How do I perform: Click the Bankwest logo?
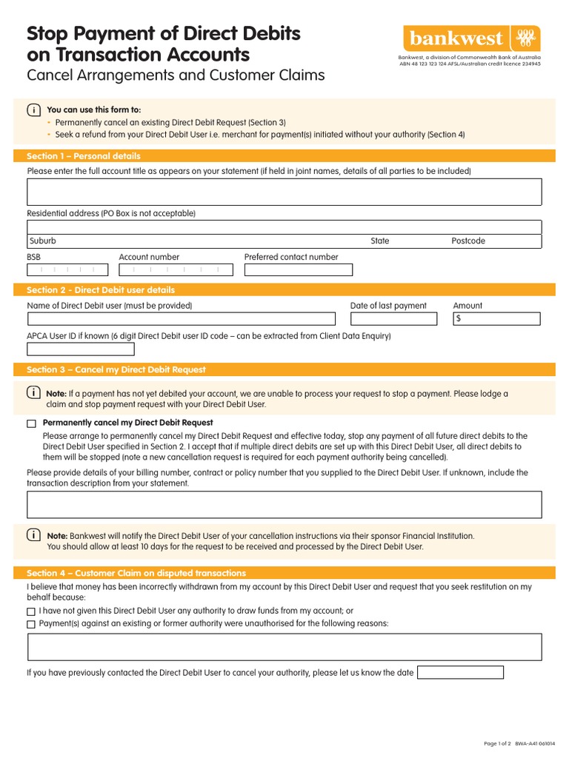click(x=471, y=38)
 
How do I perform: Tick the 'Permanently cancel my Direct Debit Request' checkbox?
click(x=31, y=423)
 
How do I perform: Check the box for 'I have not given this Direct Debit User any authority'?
click(x=31, y=611)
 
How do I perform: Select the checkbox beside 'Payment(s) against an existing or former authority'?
click(x=31, y=624)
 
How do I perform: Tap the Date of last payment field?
click(x=394, y=319)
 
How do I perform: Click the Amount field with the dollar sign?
click(x=496, y=319)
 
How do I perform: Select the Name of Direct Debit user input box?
click(x=181, y=319)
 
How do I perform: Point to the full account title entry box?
click(x=284, y=192)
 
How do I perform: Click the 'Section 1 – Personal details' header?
click(x=84, y=156)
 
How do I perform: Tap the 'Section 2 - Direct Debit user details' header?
click(x=101, y=290)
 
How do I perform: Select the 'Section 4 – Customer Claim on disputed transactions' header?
click(x=136, y=573)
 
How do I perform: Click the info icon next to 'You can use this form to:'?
click(x=33, y=110)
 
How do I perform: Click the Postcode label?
click(x=468, y=241)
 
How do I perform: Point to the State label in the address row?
click(x=380, y=241)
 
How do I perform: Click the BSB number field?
click(x=67, y=270)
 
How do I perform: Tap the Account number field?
click(x=176, y=270)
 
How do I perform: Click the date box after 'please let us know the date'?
click(x=460, y=673)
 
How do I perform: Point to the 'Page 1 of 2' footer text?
click(x=497, y=743)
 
